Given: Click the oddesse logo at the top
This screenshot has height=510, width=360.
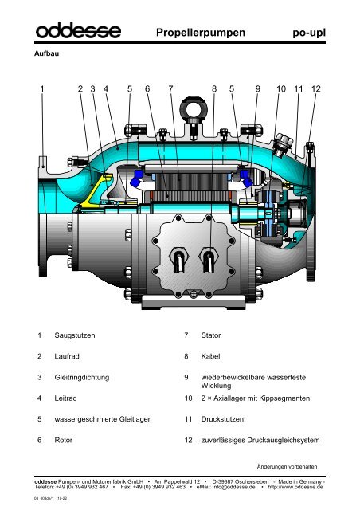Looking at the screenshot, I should (75, 32).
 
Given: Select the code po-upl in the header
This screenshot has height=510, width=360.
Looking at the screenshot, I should (310, 33).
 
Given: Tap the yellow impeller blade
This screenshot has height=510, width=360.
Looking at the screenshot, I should (97, 189).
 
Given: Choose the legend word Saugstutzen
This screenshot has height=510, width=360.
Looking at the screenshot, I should (76, 337).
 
